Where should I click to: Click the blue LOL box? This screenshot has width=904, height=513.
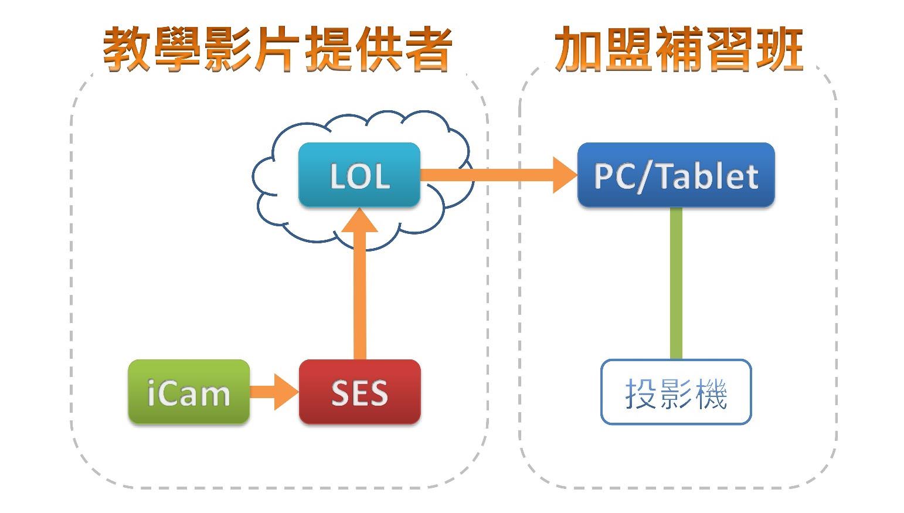(x=359, y=175)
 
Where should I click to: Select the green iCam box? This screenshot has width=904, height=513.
(x=189, y=392)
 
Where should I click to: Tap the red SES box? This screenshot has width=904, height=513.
(x=359, y=392)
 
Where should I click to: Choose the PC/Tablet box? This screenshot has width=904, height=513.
(x=675, y=175)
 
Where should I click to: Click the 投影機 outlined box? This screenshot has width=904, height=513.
(x=675, y=392)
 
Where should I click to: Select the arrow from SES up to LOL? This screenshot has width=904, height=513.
(x=359, y=287)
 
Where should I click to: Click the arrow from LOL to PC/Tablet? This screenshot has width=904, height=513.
(x=498, y=174)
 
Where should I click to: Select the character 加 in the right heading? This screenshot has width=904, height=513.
(x=578, y=49)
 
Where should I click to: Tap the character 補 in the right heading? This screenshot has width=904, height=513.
(x=678, y=49)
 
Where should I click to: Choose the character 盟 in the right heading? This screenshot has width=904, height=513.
(x=628, y=49)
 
